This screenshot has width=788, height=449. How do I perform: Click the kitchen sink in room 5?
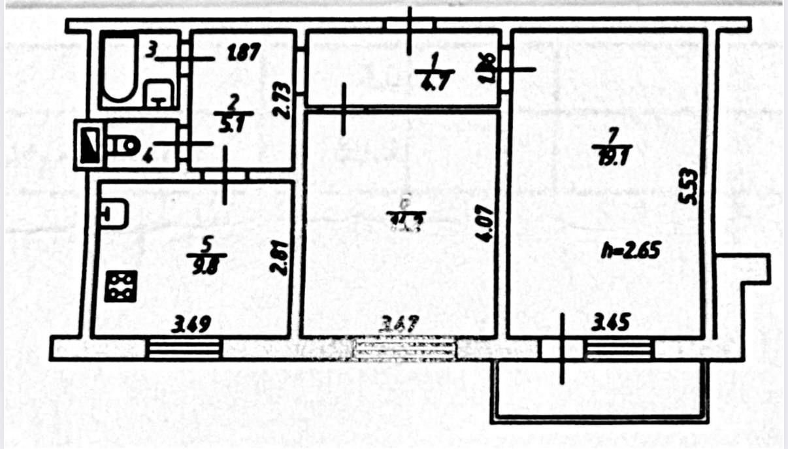click(x=114, y=214)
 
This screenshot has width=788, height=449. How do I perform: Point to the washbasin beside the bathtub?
click(x=159, y=93)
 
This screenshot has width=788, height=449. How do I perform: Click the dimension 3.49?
click(x=191, y=323)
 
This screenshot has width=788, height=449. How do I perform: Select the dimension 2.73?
click(x=280, y=99)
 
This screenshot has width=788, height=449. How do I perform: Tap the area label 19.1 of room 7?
click(x=612, y=156)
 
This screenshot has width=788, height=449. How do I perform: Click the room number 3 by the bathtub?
click(x=150, y=50)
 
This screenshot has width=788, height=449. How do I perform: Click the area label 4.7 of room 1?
click(x=433, y=80)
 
